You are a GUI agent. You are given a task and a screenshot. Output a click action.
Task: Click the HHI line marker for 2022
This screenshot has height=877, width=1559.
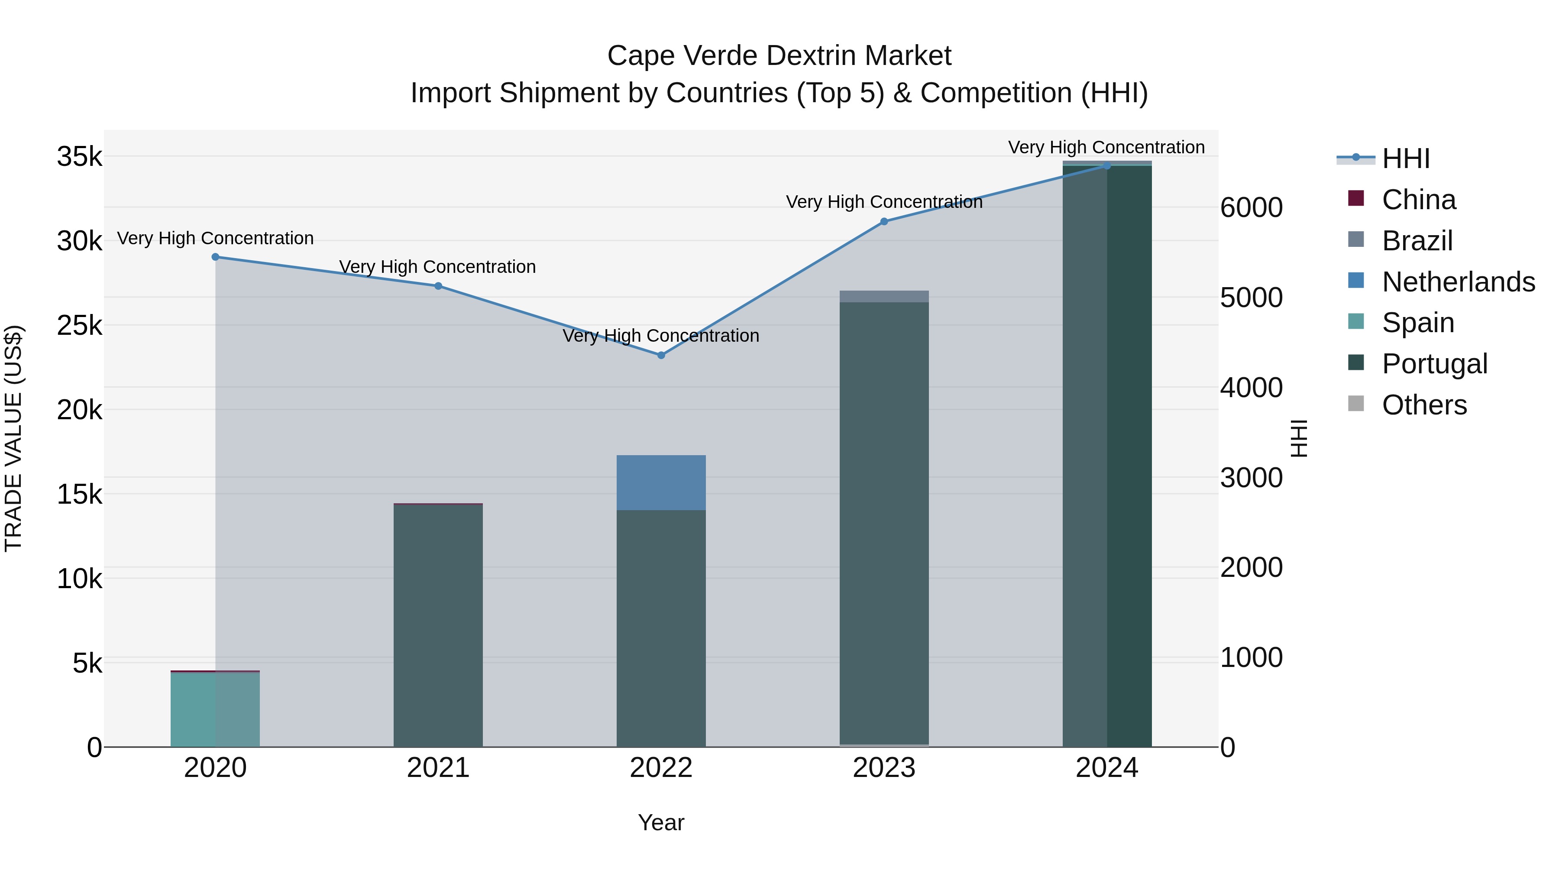click(661, 355)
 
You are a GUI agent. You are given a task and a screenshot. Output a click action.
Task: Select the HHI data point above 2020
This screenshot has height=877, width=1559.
click(216, 257)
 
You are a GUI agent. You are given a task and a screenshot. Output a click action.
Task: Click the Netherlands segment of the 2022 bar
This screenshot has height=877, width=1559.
click(661, 483)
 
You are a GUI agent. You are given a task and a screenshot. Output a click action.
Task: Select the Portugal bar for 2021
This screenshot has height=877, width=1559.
click(438, 626)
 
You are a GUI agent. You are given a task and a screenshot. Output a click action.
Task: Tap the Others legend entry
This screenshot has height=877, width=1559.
click(1424, 405)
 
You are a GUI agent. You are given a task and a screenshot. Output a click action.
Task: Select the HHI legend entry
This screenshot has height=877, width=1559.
click(1405, 159)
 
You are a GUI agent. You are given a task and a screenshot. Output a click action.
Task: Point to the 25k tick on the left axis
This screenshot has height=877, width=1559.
click(79, 326)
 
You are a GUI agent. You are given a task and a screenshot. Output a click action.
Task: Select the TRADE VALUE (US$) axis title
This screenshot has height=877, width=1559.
click(13, 438)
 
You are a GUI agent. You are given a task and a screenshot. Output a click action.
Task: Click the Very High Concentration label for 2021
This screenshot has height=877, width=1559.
click(437, 267)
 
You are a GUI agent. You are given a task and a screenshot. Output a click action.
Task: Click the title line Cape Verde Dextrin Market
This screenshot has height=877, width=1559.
click(779, 56)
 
